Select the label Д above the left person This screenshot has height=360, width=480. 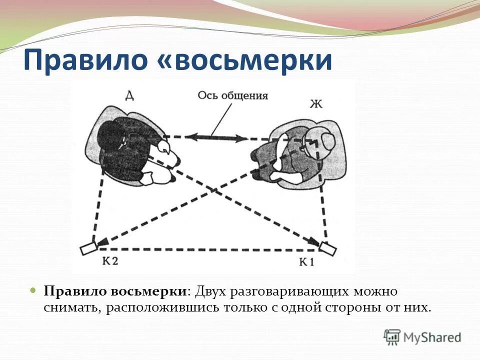pos(129,95)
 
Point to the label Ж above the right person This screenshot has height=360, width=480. pos(316,104)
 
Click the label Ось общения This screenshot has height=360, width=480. pos(233,96)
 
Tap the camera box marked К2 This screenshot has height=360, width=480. pos(88,247)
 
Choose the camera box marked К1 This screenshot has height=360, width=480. pos(327,247)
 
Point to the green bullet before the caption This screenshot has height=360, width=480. pos(33,290)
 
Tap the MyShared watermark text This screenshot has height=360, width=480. pos(432,337)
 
